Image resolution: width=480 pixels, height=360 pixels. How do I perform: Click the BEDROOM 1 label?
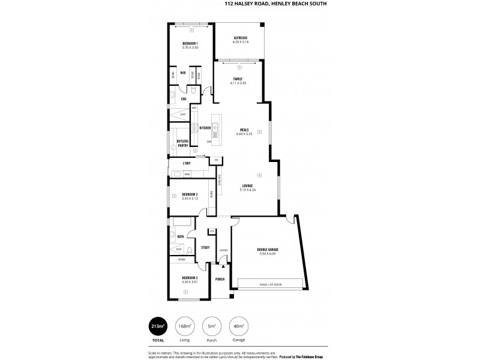[x=190, y=44]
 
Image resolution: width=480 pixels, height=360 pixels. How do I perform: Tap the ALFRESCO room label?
[x=240, y=38]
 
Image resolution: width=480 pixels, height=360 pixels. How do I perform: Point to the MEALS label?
[x=244, y=130]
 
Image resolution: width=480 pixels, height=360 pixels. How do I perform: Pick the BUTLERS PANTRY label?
[x=183, y=143]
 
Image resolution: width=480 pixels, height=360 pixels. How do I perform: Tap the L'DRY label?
[x=187, y=163]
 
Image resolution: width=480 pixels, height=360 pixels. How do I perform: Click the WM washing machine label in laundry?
[x=187, y=174]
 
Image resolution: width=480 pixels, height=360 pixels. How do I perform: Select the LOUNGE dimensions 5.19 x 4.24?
[x=247, y=190]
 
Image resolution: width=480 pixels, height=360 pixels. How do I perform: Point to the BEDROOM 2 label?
[x=190, y=194]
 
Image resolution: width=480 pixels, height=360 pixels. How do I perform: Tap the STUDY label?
[x=205, y=247]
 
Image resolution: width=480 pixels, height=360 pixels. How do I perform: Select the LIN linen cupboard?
[x=211, y=231]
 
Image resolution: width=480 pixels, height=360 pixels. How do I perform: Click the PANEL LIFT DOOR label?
[x=271, y=284]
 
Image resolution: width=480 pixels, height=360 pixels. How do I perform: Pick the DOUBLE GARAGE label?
[x=268, y=249]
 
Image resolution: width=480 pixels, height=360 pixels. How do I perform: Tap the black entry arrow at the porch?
[x=223, y=265]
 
